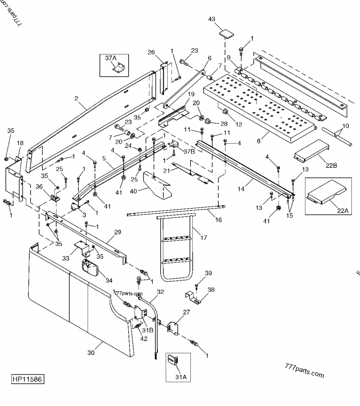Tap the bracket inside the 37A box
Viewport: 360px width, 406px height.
[x=118, y=69]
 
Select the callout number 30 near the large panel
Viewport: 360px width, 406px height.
[x=91, y=353]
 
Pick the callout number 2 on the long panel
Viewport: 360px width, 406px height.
[x=76, y=98]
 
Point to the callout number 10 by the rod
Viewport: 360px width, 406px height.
[x=345, y=126]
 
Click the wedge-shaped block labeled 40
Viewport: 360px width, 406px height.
[x=157, y=186]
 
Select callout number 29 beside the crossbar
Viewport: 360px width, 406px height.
[x=117, y=233]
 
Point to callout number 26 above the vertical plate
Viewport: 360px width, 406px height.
[x=151, y=52]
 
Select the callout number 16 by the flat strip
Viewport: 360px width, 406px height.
[x=219, y=220]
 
